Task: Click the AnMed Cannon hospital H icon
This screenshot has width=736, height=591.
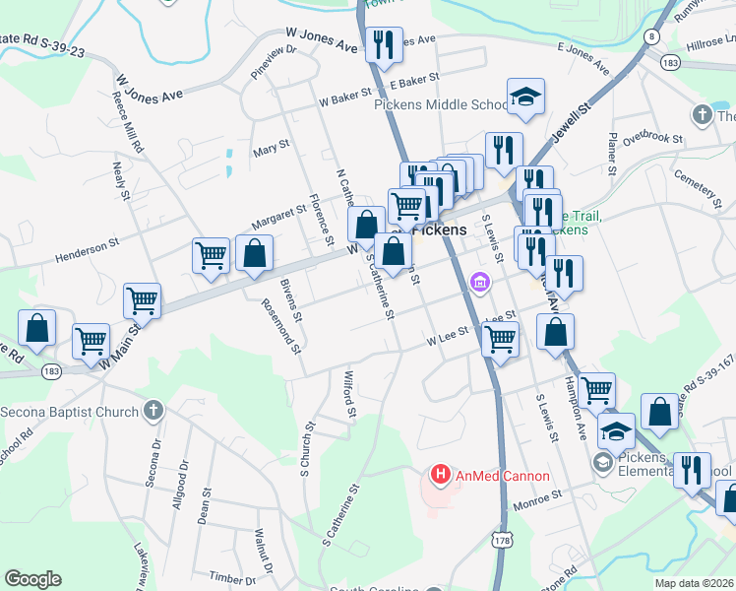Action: point(441,476)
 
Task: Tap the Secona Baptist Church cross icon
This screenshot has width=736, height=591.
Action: point(153,410)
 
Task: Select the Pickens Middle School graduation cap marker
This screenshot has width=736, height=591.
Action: point(524,98)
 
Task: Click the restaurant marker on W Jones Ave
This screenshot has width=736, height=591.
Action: point(382,44)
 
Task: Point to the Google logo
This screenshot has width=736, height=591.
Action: point(32,579)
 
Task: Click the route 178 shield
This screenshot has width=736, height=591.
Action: point(504,542)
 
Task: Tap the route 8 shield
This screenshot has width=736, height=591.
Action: point(650,36)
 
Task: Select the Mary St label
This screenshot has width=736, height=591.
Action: point(271,146)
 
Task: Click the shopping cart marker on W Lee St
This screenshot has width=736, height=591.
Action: point(502,339)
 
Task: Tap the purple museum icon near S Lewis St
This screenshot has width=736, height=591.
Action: point(480,283)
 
